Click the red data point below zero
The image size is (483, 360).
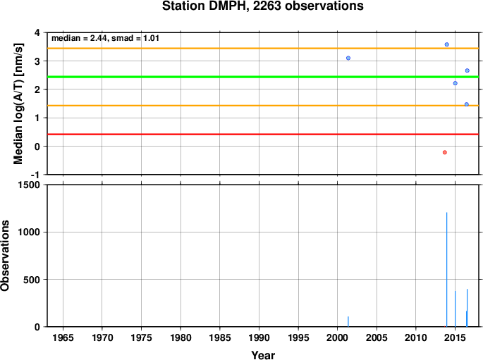[444, 152]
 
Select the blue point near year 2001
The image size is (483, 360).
[348, 58]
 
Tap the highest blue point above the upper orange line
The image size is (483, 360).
[446, 44]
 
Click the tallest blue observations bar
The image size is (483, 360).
[446, 270]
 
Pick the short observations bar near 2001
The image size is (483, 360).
[348, 321]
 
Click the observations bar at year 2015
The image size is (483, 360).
[456, 309]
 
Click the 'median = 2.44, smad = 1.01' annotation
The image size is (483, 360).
[105, 38]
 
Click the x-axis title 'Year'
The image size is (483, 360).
[263, 355]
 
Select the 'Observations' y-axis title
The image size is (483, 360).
[5, 256]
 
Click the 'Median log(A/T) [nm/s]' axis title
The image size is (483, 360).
[18, 104]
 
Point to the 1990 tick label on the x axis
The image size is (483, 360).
[259, 337]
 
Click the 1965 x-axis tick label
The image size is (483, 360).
[63, 337]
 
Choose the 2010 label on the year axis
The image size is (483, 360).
[415, 337]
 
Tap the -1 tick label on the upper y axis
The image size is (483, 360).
[35, 175]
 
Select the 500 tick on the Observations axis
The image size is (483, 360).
[32, 280]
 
